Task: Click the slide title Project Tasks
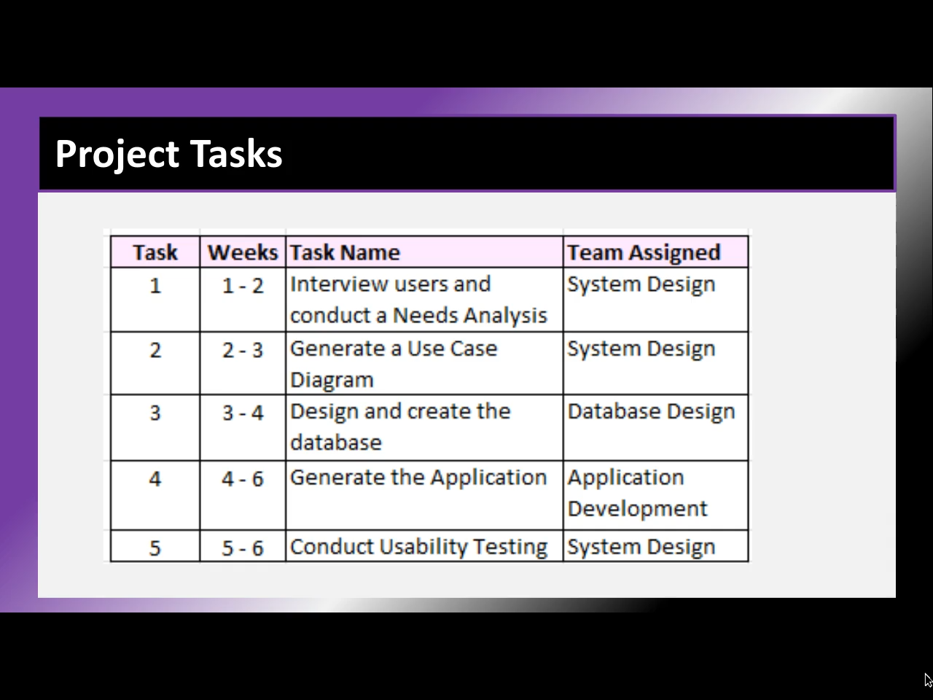point(169,155)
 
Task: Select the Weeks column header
point(243,252)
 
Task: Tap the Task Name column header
point(345,252)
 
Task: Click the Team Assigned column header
point(644,252)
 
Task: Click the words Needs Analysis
point(469,315)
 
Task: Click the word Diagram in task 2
point(332,380)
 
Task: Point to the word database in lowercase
point(336,443)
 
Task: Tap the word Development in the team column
point(638,509)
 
